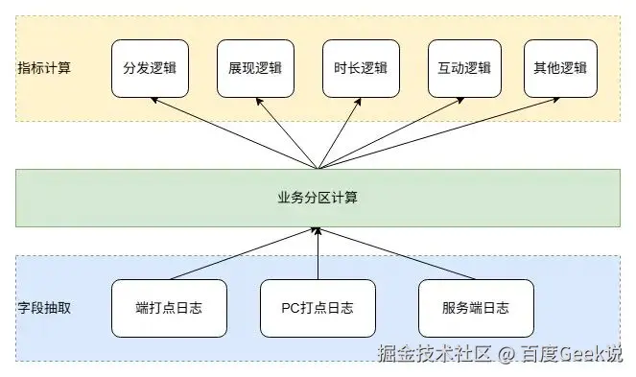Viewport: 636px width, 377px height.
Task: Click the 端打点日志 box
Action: [169, 308]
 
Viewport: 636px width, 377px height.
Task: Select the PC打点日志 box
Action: [318, 308]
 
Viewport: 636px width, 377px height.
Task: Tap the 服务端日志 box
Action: [476, 308]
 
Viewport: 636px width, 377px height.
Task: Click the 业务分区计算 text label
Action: [318, 197]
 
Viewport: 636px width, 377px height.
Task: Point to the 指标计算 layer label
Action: [43, 69]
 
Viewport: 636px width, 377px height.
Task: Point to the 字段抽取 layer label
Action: [43, 308]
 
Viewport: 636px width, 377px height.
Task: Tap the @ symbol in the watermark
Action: [506, 354]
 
